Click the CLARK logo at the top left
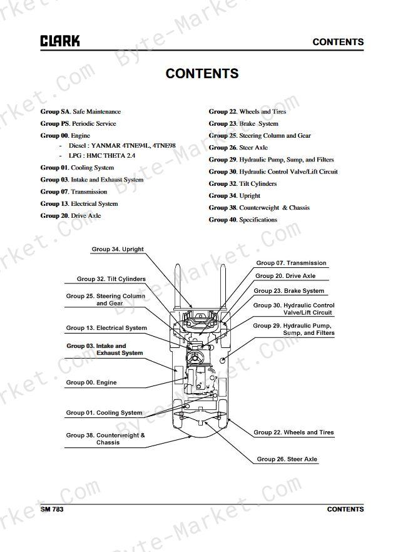pyautogui.click(x=60, y=41)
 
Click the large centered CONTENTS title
pyautogui.click(x=202, y=74)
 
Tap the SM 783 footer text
pyautogui.click(x=52, y=509)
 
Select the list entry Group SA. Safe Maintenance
pyautogui.click(x=81, y=111)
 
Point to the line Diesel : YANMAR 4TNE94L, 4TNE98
pyautogui.click(x=122, y=145)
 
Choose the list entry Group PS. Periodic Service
pyautogui.click(x=78, y=123)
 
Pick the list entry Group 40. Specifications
pyautogui.click(x=243, y=220)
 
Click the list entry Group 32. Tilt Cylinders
pyautogui.click(x=243, y=184)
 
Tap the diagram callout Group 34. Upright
pyautogui.click(x=118, y=249)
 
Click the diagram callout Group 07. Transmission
pyautogui.click(x=291, y=263)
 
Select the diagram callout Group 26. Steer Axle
pyautogui.click(x=287, y=459)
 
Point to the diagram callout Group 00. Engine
pyautogui.click(x=91, y=382)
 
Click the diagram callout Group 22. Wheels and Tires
pyautogui.click(x=293, y=432)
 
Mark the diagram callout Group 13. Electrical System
pyautogui.click(x=106, y=328)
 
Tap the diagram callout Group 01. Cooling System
pyautogui.click(x=105, y=412)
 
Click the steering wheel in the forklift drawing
pyautogui.click(x=195, y=357)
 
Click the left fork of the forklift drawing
pyautogui.click(x=178, y=286)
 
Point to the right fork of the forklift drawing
pyautogui.click(x=223, y=286)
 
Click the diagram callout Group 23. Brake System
pyautogui.click(x=288, y=291)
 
